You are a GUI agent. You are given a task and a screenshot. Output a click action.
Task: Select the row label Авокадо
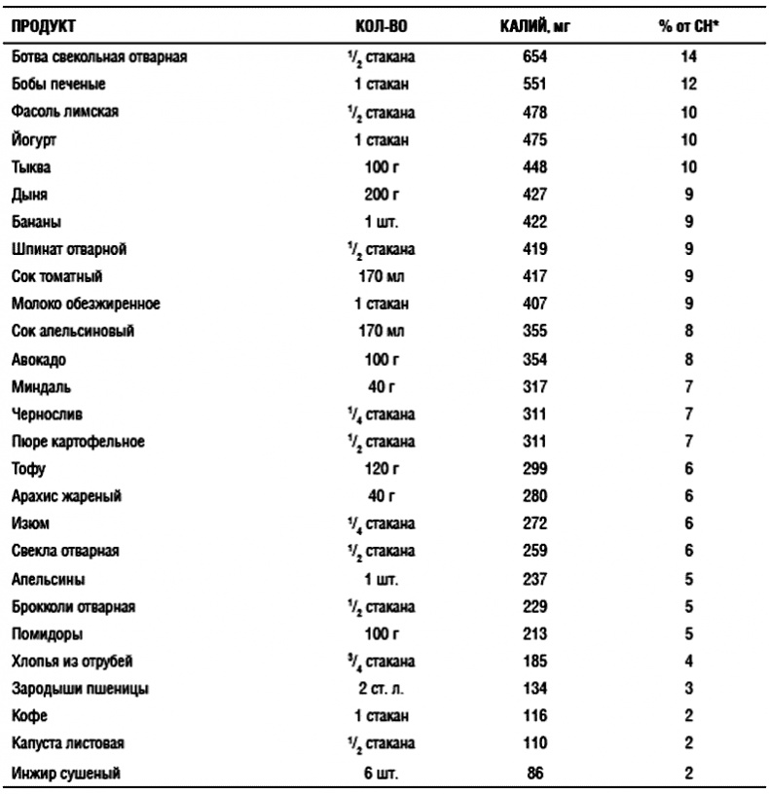pyautogui.click(x=38, y=360)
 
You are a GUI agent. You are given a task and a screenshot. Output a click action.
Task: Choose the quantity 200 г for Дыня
pyautogui.click(x=388, y=195)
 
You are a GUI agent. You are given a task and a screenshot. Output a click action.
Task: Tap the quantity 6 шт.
pyautogui.click(x=388, y=774)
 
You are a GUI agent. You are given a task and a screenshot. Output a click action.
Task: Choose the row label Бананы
pyautogui.click(x=36, y=222)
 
